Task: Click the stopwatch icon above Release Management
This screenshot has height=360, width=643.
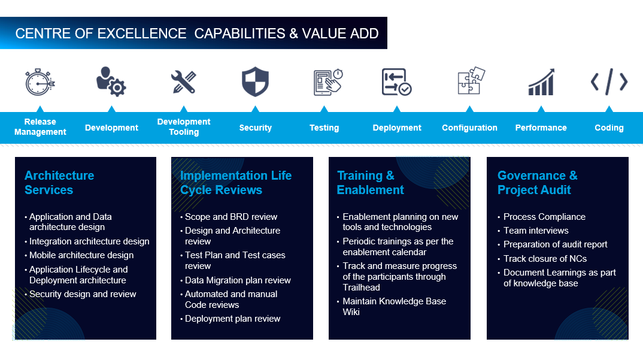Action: click(x=40, y=81)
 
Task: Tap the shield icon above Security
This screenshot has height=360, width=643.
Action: click(x=255, y=82)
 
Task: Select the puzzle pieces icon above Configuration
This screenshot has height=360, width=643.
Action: click(x=471, y=81)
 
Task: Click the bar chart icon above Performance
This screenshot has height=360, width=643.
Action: click(x=541, y=82)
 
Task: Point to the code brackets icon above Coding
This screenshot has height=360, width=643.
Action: click(x=609, y=82)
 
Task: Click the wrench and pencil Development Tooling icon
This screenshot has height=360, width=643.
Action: click(x=183, y=82)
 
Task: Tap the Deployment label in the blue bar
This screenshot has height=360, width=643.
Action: click(x=396, y=128)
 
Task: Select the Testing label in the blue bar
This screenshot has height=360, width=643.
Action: click(x=324, y=128)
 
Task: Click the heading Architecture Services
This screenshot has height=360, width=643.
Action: click(x=59, y=183)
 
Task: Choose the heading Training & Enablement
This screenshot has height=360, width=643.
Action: click(x=370, y=183)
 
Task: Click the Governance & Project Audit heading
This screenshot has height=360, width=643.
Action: click(x=537, y=183)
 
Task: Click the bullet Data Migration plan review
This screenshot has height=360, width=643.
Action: click(x=238, y=280)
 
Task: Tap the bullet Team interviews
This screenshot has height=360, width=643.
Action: click(x=536, y=231)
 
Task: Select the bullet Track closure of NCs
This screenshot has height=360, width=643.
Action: click(x=545, y=259)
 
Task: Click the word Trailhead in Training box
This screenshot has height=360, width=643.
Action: click(x=361, y=288)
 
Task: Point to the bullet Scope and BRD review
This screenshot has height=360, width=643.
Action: click(x=231, y=217)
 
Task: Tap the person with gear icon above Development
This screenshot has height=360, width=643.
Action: click(x=111, y=81)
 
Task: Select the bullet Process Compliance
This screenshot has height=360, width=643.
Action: click(x=544, y=217)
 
